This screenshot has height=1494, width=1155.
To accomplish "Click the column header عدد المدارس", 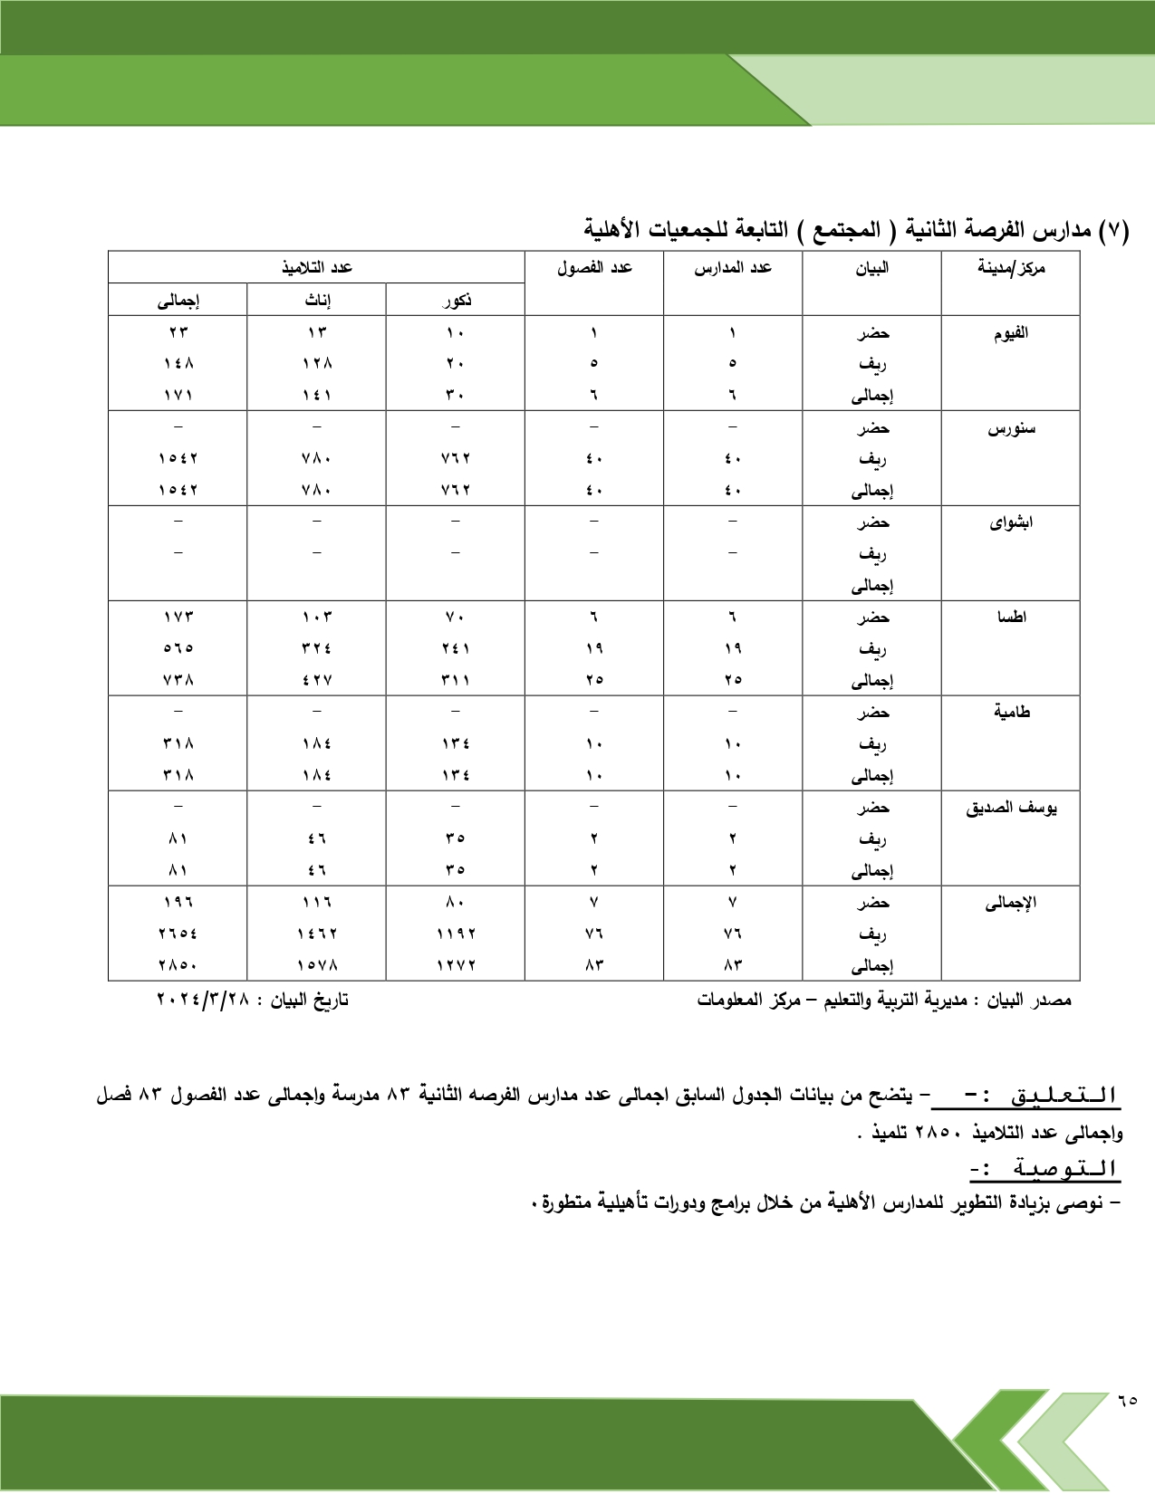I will coord(733,268).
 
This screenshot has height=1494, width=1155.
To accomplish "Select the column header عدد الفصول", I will coord(594,268).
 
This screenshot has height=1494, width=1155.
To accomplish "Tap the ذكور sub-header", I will coord(456,301).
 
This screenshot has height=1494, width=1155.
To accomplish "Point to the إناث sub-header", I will coord(317,301).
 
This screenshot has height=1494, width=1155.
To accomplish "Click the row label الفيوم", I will coord(1011,333).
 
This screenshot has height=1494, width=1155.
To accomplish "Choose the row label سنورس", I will coord(1011,428).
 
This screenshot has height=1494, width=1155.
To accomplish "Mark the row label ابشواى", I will coord(1011,522).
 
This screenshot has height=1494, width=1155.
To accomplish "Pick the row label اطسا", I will coord(1011,618).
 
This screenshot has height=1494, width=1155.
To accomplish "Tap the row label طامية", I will coord(1011,713).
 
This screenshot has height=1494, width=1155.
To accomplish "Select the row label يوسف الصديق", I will coord(1011,808).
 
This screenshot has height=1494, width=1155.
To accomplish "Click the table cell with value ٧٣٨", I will coord(178,680).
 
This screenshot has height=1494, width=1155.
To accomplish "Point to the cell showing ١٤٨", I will coord(178,364).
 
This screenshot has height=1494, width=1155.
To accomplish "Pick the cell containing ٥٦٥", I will coord(178,648).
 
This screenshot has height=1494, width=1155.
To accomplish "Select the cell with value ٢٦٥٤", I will coord(178,934).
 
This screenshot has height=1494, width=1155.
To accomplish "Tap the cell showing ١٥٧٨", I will coord(317,965).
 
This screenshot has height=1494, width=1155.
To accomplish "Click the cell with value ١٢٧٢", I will coord(456,965).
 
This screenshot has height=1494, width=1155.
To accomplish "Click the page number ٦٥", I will coord(1127,1401).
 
